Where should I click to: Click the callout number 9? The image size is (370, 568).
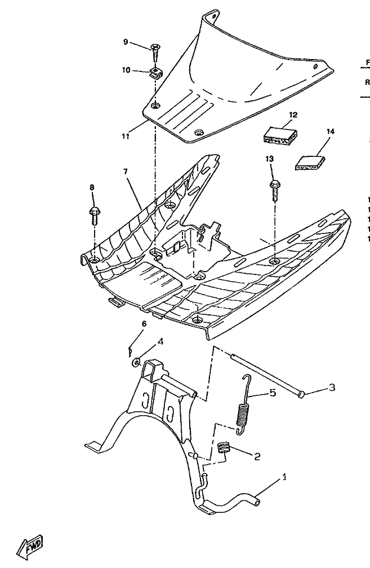(x=126, y=42)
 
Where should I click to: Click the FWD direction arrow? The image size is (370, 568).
(x=31, y=547)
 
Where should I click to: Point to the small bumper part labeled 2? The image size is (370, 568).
(x=225, y=448)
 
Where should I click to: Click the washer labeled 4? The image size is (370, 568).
(x=137, y=363)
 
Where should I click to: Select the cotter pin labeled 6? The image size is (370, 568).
(x=131, y=351)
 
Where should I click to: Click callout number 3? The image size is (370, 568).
(x=332, y=387)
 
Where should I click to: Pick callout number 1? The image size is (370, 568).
(x=285, y=477)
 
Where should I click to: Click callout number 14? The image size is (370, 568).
(x=331, y=132)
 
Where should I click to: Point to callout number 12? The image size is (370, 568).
(x=293, y=114)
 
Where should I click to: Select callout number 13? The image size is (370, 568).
(x=269, y=160)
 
